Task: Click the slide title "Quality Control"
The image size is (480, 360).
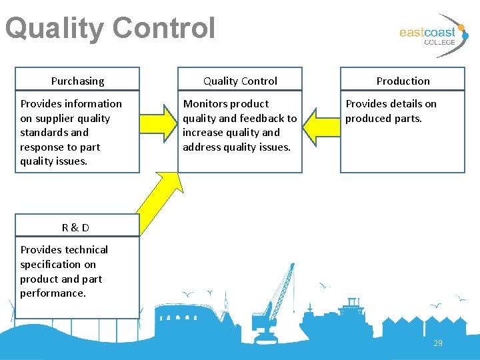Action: tap(110, 29)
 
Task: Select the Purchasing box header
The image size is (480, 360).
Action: tap(78, 81)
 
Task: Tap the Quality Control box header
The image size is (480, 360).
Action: tap(240, 81)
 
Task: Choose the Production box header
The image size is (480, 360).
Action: tap(403, 81)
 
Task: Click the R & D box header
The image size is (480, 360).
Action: tap(76, 227)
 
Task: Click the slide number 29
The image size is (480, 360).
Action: tap(438, 343)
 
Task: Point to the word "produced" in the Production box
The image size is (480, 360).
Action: tap(367, 118)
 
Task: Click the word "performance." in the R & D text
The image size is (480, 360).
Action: tap(53, 293)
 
